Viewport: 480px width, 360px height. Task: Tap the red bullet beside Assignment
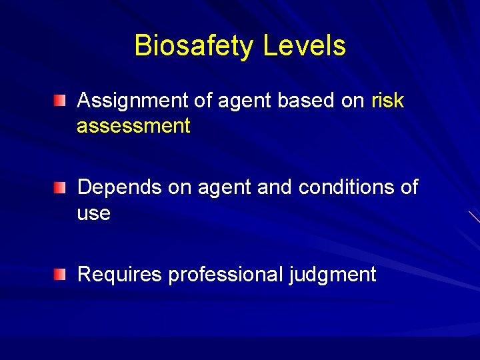coord(61,101)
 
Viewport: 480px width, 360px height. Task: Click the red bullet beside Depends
coord(61,188)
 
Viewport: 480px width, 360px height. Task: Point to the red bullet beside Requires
coord(61,275)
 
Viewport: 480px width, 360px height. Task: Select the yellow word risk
coord(387,101)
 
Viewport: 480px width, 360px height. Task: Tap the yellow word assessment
coord(133,126)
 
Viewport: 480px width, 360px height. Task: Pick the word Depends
coord(120,187)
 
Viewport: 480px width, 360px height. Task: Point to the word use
coord(94,214)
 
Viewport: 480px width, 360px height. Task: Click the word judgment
coord(333,274)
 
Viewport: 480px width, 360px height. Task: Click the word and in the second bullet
coord(275,187)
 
